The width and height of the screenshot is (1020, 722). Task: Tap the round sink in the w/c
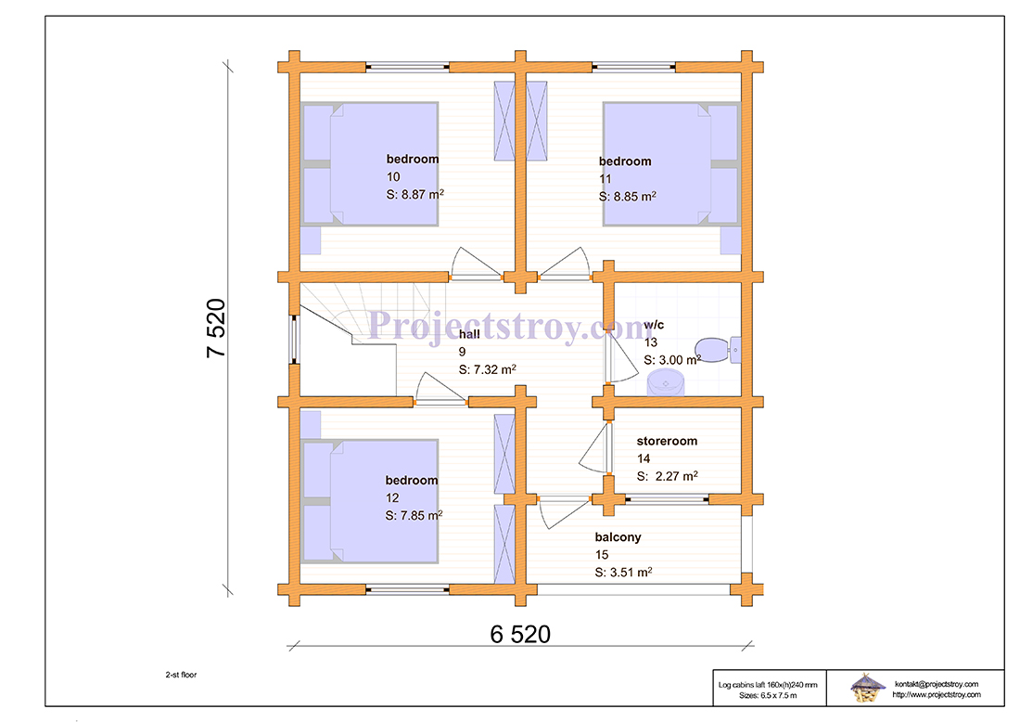pos(666,382)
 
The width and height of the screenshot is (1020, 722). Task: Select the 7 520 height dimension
pos(216,329)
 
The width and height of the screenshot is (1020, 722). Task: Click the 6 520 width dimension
pos(520,634)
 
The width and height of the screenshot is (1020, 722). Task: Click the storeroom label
pos(667,441)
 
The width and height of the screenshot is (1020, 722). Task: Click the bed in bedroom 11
pos(671,164)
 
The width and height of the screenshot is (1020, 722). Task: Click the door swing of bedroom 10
pos(476,264)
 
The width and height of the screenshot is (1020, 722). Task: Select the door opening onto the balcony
pos(564,512)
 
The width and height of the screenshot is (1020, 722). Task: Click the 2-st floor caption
pos(181,675)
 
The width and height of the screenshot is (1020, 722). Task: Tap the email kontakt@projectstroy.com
pos(937,684)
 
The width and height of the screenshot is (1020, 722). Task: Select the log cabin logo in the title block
pos(867,688)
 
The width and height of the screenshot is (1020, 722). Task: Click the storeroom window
pos(667,499)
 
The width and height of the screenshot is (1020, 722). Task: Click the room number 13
pos(651,342)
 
